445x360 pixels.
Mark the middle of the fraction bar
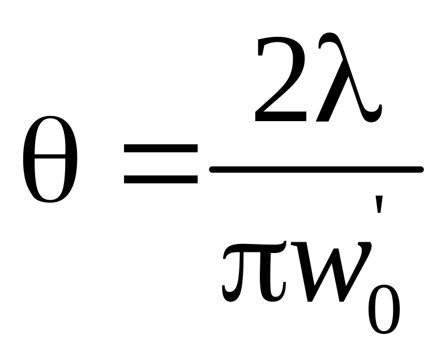316,169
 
